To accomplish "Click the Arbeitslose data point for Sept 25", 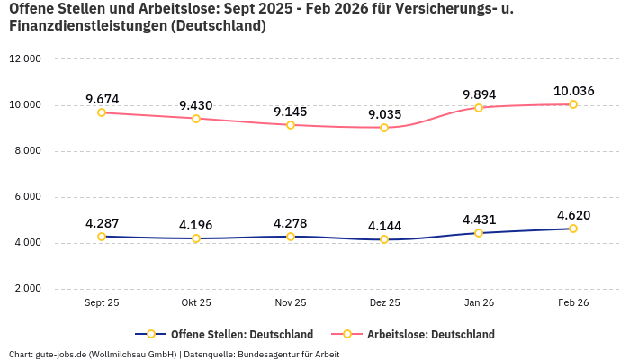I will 102,112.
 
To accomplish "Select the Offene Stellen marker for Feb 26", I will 573,229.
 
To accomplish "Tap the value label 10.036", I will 573,91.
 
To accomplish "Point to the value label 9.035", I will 384,114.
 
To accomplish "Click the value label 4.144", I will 384,226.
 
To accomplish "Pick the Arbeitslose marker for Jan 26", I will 479,107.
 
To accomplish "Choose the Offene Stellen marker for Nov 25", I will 291,237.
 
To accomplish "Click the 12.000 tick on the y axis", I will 25,59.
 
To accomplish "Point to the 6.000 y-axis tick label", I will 27,197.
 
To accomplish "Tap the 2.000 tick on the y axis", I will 27,289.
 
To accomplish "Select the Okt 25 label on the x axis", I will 196,303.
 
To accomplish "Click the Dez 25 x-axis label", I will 384,303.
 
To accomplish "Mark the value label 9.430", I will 196,105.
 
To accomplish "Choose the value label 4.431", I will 479,220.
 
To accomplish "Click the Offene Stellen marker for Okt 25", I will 196,238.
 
